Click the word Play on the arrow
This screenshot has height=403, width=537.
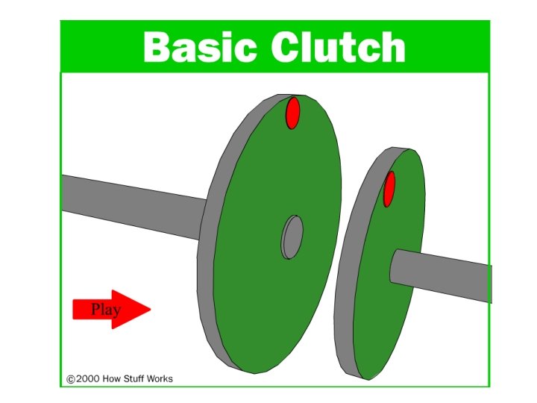coord(105,309)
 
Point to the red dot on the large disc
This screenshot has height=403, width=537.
coord(293,112)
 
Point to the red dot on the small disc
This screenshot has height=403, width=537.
coord(389,189)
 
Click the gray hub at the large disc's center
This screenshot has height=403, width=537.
coord(292,237)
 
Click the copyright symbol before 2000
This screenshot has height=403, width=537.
coord(71,379)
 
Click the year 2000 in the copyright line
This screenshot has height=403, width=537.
coord(87,379)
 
